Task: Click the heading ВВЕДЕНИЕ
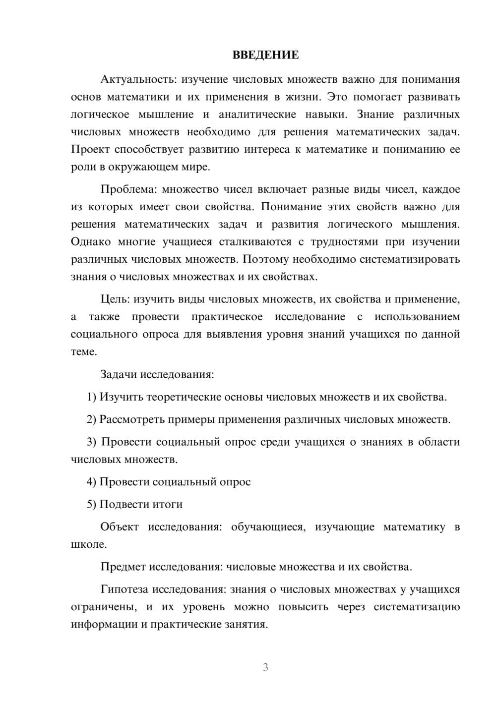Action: pos(265,55)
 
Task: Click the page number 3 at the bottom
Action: pos(265,667)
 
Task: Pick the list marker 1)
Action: pos(91,397)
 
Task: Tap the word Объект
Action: pos(120,526)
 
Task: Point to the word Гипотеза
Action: pos(124,589)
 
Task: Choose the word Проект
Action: pos(90,149)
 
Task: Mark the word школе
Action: pos(88,544)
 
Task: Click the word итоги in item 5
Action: pos(168,504)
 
